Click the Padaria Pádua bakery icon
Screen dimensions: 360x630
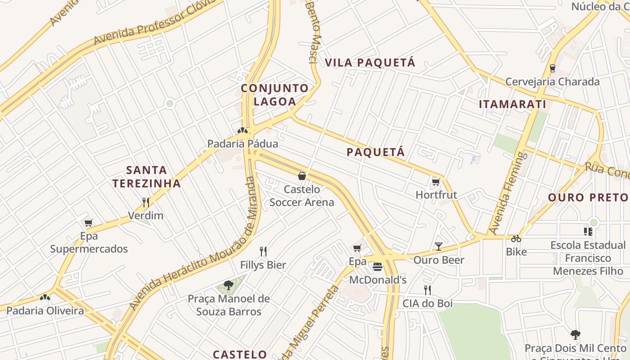tap(243, 131)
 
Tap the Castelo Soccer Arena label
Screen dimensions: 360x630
tap(301, 196)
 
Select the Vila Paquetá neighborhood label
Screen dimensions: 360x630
tap(370, 63)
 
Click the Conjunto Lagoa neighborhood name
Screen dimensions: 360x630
tap(274, 94)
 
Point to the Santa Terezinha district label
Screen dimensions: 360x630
tap(147, 176)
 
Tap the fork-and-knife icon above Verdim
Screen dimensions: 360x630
tap(145, 202)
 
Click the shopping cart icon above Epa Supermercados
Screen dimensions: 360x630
tap(89, 223)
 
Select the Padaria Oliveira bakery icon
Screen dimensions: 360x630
tap(45, 297)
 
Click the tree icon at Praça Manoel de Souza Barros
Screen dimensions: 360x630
tap(228, 285)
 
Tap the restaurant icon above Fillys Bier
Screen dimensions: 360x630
tap(263, 252)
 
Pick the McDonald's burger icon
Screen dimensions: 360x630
tap(378, 267)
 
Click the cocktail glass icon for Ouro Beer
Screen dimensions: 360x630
tap(439, 247)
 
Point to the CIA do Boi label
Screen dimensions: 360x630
tap(427, 303)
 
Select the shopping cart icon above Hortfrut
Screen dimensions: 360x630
tap(436, 182)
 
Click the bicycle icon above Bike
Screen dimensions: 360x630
tap(516, 238)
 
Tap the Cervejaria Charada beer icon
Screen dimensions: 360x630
tap(552, 69)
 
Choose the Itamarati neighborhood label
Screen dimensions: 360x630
tap(513, 104)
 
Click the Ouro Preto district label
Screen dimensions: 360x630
tap(588, 197)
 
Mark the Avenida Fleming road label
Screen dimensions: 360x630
tap(508, 193)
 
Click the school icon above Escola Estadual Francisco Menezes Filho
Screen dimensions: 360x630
tap(588, 232)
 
